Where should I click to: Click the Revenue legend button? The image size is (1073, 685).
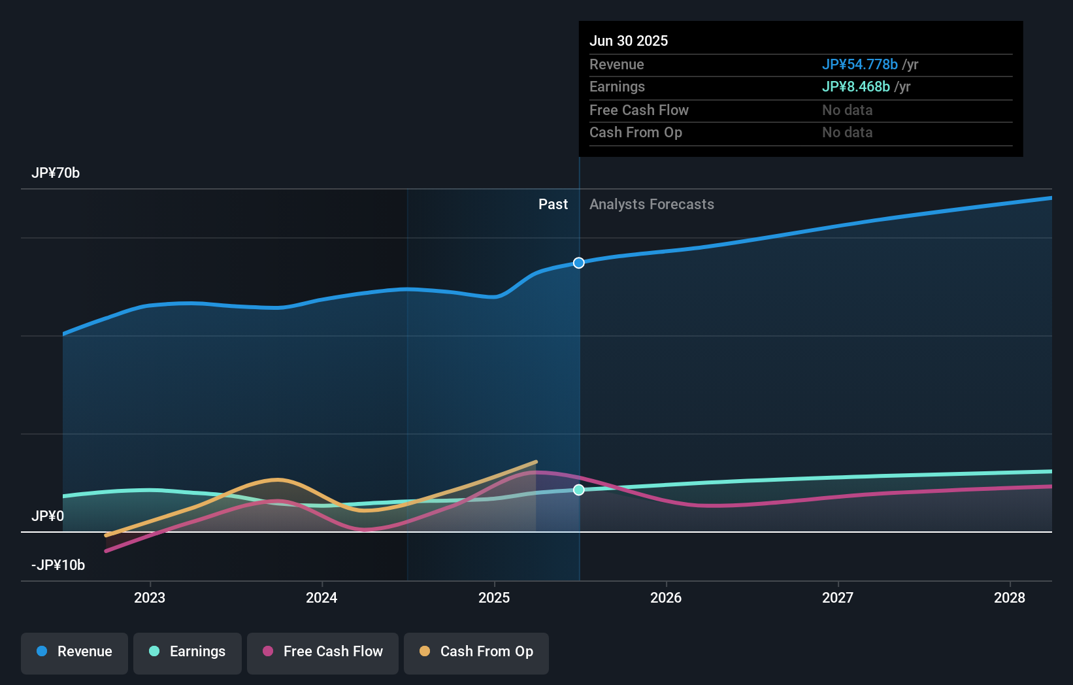74,652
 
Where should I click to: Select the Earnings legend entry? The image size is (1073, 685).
188,652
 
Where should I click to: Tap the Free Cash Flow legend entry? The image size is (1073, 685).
323,652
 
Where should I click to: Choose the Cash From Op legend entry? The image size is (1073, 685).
476,652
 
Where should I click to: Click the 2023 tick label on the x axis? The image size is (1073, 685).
150,598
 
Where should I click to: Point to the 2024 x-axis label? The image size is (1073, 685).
322,598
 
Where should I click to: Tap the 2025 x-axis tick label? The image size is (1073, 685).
494,598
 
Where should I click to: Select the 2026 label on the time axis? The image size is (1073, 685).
666,598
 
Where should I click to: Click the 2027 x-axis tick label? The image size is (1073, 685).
838,598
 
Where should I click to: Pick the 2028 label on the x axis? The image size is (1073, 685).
1010,598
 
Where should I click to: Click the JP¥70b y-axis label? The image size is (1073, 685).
56,173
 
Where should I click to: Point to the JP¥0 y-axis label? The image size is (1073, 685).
48,516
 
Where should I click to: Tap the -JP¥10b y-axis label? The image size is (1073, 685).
58,565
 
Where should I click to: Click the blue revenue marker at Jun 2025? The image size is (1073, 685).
579,263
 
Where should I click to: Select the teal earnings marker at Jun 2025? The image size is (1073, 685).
579,490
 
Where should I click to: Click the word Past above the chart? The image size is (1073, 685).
553,205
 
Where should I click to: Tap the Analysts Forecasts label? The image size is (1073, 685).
652,205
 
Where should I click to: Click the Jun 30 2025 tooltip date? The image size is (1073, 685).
629,41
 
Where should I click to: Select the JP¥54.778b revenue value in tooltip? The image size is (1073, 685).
859,65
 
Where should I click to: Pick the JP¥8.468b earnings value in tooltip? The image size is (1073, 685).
855,87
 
